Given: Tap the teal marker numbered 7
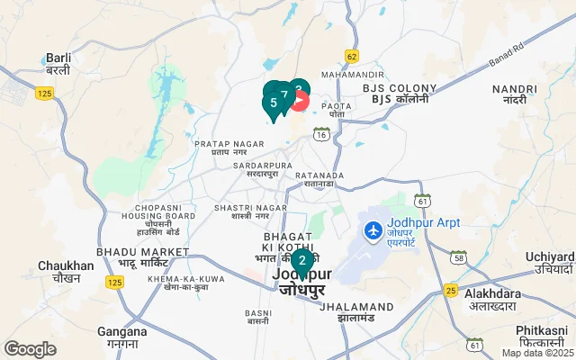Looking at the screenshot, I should [x=284, y=94].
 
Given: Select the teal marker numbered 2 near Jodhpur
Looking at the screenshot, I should [x=301, y=262].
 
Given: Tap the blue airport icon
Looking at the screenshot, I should [x=371, y=230].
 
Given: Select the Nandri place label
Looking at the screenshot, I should [x=515, y=94].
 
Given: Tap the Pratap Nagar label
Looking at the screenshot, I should [x=220, y=148].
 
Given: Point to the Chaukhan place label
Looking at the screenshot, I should [x=66, y=271].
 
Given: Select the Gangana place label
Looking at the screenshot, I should [x=122, y=337].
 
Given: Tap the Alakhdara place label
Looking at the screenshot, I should [x=494, y=299].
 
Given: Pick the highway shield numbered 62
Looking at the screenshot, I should [x=351, y=56].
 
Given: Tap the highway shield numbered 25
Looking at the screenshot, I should [x=450, y=290].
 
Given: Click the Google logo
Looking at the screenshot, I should [x=30, y=349].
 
